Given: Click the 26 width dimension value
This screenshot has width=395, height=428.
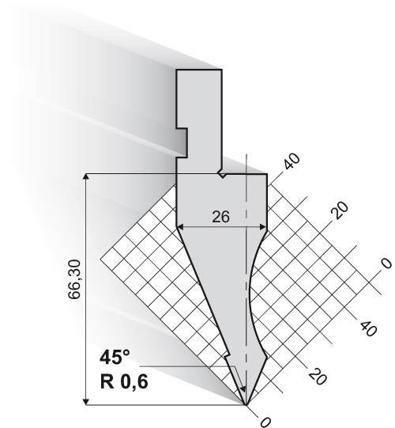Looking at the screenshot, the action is [221, 217].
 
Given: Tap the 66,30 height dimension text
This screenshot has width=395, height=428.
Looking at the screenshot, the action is [75, 279].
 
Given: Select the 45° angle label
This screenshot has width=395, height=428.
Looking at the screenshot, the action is [115, 358].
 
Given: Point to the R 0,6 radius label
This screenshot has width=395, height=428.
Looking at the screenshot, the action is [124, 381].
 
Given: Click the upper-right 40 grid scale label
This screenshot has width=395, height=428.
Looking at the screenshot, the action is [292, 161].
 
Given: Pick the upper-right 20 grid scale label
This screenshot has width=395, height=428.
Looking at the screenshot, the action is [340, 210].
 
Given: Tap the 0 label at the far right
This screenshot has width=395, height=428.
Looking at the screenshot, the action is [386, 263].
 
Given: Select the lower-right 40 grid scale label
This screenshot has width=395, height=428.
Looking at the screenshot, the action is [368, 328].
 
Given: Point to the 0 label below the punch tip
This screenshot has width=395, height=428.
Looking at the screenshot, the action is [265, 422].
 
